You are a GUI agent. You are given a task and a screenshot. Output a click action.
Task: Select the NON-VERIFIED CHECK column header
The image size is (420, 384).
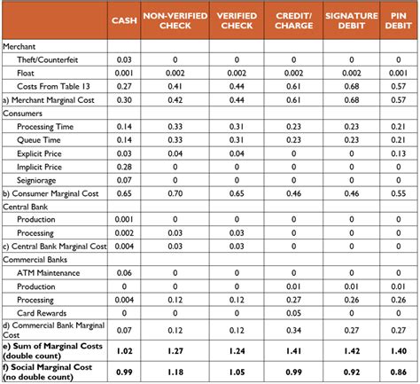pos(181,20)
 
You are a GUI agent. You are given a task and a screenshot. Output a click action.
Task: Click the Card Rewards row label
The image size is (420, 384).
pos(41,312)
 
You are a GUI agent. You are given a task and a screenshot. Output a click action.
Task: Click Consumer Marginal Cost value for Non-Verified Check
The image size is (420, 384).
pos(181,192)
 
